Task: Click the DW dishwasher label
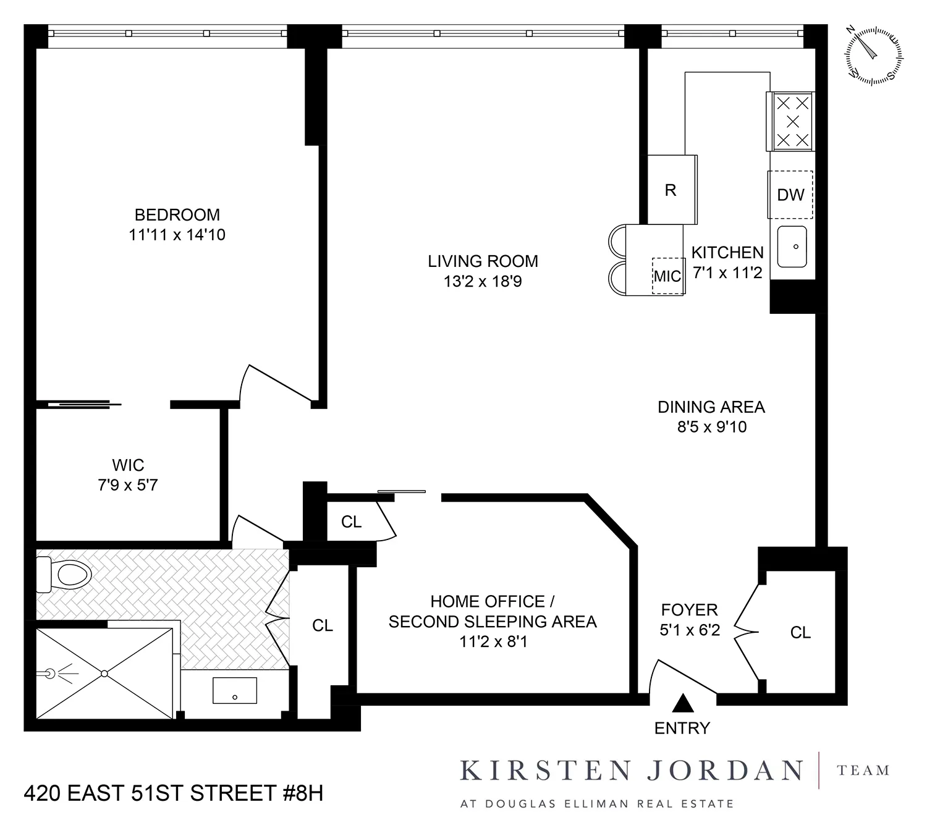[790, 195]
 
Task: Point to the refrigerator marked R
[671, 190]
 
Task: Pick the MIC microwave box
[667, 276]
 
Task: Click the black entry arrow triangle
[682, 703]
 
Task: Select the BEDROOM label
[177, 215]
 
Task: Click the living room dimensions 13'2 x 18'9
[483, 282]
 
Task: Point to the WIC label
[128, 465]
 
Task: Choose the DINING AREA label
[711, 407]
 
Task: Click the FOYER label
[689, 610]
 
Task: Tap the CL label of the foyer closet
[800, 632]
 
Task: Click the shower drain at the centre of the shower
[104, 673]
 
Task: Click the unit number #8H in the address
[303, 793]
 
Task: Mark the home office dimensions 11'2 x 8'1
[493, 642]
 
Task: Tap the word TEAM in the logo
[863, 771]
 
